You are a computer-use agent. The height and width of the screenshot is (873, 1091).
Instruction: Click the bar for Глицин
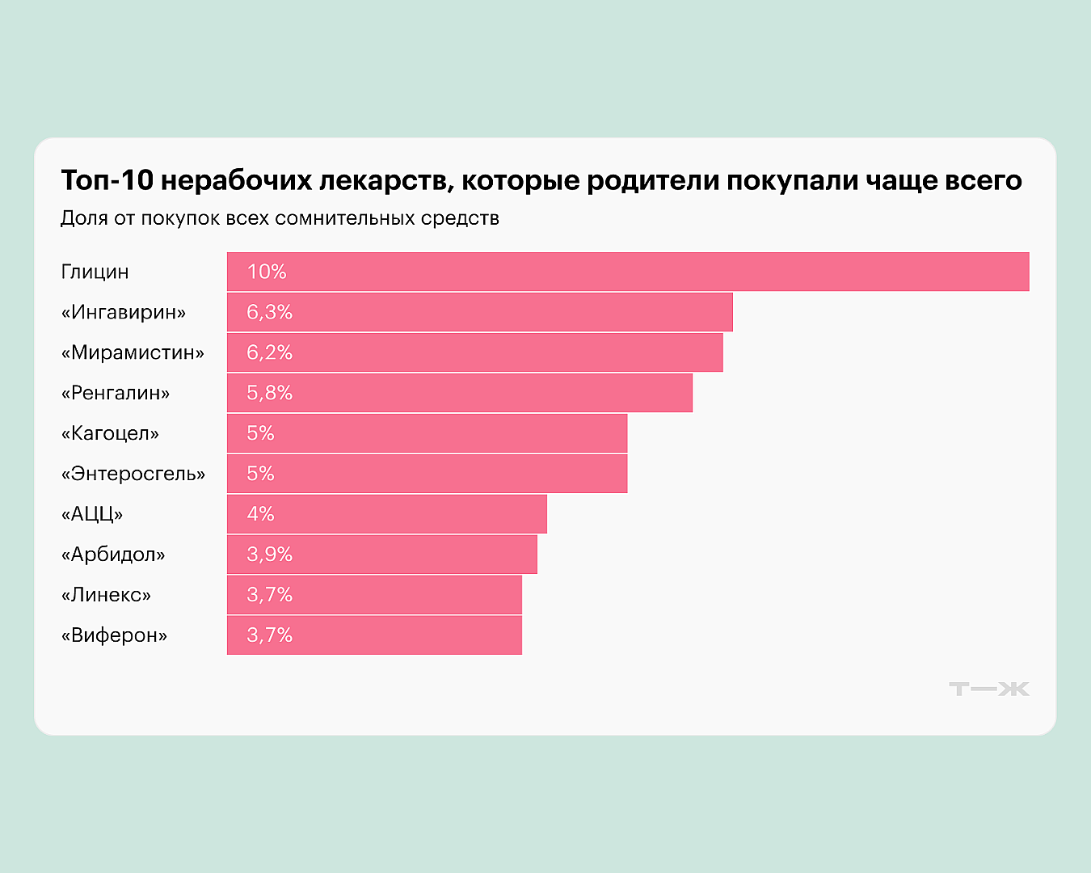click(x=628, y=272)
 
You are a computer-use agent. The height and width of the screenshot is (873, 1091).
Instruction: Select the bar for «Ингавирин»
click(x=480, y=312)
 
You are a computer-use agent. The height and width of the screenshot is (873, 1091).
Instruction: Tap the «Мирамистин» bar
click(x=475, y=352)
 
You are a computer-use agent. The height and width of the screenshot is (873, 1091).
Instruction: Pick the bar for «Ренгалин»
click(x=460, y=393)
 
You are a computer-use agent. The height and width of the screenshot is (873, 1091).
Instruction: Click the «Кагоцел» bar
click(x=428, y=433)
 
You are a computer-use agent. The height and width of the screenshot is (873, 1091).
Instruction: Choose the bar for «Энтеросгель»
click(x=428, y=474)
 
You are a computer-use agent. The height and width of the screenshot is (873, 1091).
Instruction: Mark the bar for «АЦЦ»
click(x=387, y=514)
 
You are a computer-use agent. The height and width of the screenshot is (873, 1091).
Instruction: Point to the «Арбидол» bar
click(x=382, y=555)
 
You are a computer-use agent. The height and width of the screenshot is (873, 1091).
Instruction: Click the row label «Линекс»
click(x=106, y=595)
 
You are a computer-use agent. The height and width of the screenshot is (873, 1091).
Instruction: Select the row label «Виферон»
click(x=114, y=635)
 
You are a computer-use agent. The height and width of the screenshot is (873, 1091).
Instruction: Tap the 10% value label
click(x=267, y=272)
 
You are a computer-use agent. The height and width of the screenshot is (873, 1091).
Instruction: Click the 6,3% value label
click(x=269, y=312)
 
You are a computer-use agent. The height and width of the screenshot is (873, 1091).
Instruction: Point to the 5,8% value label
click(x=269, y=393)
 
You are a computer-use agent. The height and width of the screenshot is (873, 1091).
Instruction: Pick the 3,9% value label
click(x=269, y=555)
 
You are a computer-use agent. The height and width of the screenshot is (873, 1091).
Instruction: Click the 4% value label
click(x=260, y=514)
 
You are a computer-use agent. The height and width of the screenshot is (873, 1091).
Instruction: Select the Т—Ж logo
click(x=989, y=689)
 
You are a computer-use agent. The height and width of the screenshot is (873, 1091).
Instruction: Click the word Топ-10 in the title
click(x=107, y=180)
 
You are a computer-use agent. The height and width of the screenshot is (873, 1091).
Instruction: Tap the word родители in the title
click(x=652, y=180)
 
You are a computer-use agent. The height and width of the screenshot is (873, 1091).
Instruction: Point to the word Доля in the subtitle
click(x=84, y=218)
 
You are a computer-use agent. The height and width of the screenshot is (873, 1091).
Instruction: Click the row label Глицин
click(x=95, y=272)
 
